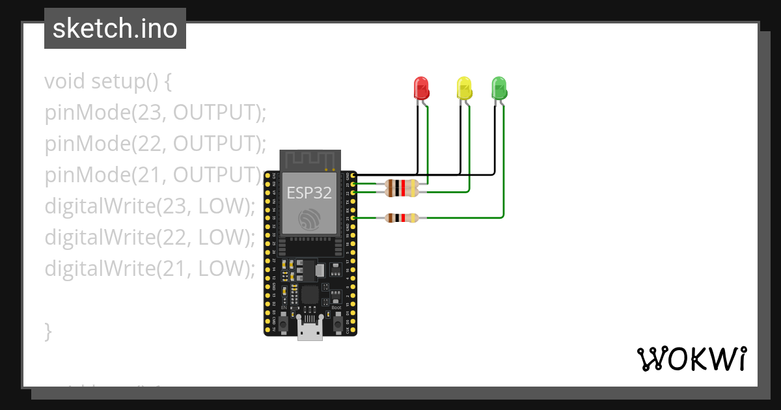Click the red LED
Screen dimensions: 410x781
[422, 88]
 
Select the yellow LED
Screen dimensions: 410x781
[464, 88]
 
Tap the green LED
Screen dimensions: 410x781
[499, 88]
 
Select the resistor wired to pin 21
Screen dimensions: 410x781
[402, 218]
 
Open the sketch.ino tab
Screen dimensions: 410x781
[115, 29]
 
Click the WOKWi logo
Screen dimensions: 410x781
[691, 359]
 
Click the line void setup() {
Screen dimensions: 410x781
[108, 82]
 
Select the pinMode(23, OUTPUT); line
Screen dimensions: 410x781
[156, 113]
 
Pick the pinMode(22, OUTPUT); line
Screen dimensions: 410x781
[156, 143]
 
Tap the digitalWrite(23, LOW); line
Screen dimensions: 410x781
[150, 206]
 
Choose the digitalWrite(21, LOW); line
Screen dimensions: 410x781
[150, 267]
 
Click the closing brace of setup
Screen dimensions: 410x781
[48, 330]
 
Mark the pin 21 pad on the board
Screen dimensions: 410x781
[353, 218]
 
